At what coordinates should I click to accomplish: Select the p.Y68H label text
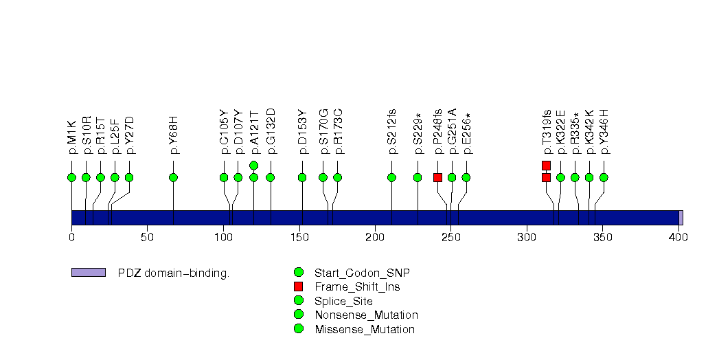pyautogui.click(x=174, y=135)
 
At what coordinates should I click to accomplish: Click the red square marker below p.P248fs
pyautogui.click(x=437, y=177)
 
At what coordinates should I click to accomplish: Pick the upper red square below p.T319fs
pyautogui.click(x=546, y=165)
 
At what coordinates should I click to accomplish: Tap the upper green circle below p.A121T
pyautogui.click(x=253, y=165)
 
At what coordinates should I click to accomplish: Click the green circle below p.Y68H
pyautogui.click(x=173, y=177)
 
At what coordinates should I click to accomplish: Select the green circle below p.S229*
pyautogui.click(x=418, y=177)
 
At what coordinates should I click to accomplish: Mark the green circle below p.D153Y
pyautogui.click(x=302, y=177)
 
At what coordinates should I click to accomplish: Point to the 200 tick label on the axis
pyautogui.click(x=375, y=238)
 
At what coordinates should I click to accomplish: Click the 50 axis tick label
pyautogui.click(x=147, y=238)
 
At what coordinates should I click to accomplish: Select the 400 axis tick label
pyautogui.click(x=678, y=238)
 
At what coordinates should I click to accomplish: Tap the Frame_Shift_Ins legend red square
pyautogui.click(x=298, y=286)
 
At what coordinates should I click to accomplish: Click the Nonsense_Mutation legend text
pyautogui.click(x=366, y=315)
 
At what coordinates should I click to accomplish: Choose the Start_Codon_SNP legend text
pyautogui.click(x=362, y=272)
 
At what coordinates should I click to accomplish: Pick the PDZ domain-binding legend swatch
pyautogui.click(x=88, y=273)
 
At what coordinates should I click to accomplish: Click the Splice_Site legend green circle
pyautogui.click(x=298, y=301)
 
